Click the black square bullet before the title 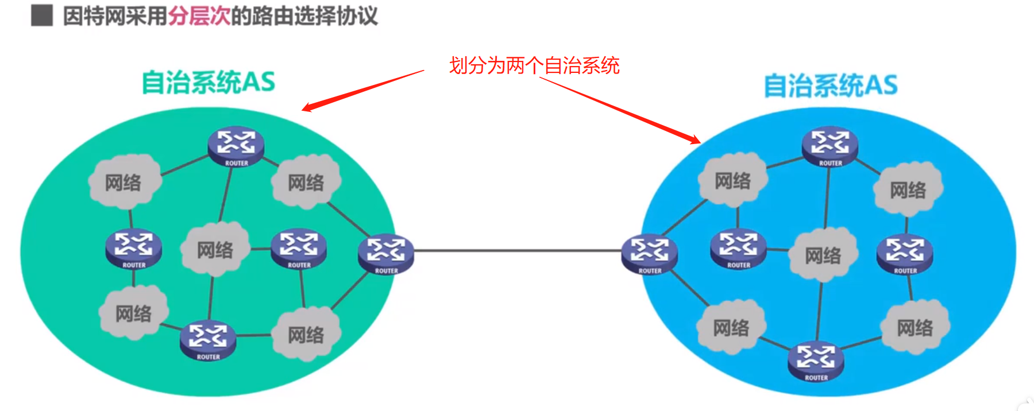click(41, 15)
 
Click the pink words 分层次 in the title click(199, 15)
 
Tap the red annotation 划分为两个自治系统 click(534, 65)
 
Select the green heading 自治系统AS click(209, 82)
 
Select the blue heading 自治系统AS click(831, 86)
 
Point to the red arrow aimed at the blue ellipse click(620, 109)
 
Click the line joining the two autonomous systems click(517, 251)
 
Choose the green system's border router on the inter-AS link click(385, 253)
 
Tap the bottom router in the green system click(208, 340)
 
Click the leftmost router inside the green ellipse click(133, 248)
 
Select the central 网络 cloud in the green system click(215, 249)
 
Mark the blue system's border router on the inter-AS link click(650, 253)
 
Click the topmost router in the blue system click(830, 146)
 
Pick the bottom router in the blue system click(816, 360)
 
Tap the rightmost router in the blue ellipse click(905, 253)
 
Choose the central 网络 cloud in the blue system click(823, 255)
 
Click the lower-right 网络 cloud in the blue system click(915, 328)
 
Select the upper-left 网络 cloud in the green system click(123, 183)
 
